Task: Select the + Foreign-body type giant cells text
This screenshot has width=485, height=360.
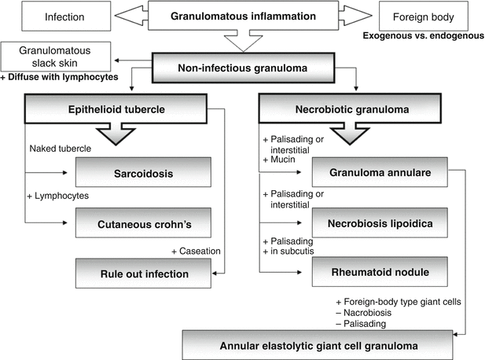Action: click(x=393, y=300)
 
